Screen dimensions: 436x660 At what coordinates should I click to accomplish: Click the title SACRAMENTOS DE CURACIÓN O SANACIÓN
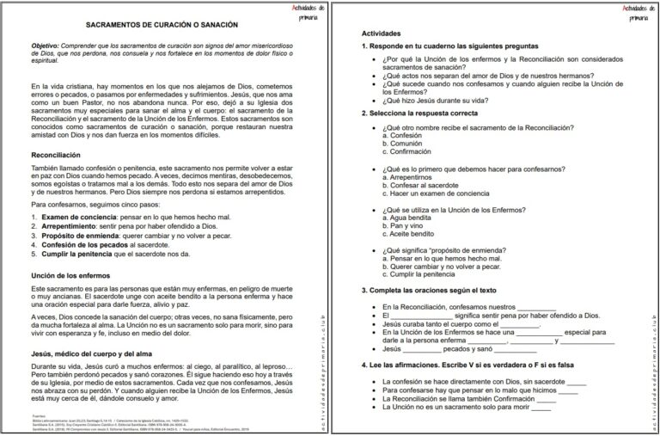162,26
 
